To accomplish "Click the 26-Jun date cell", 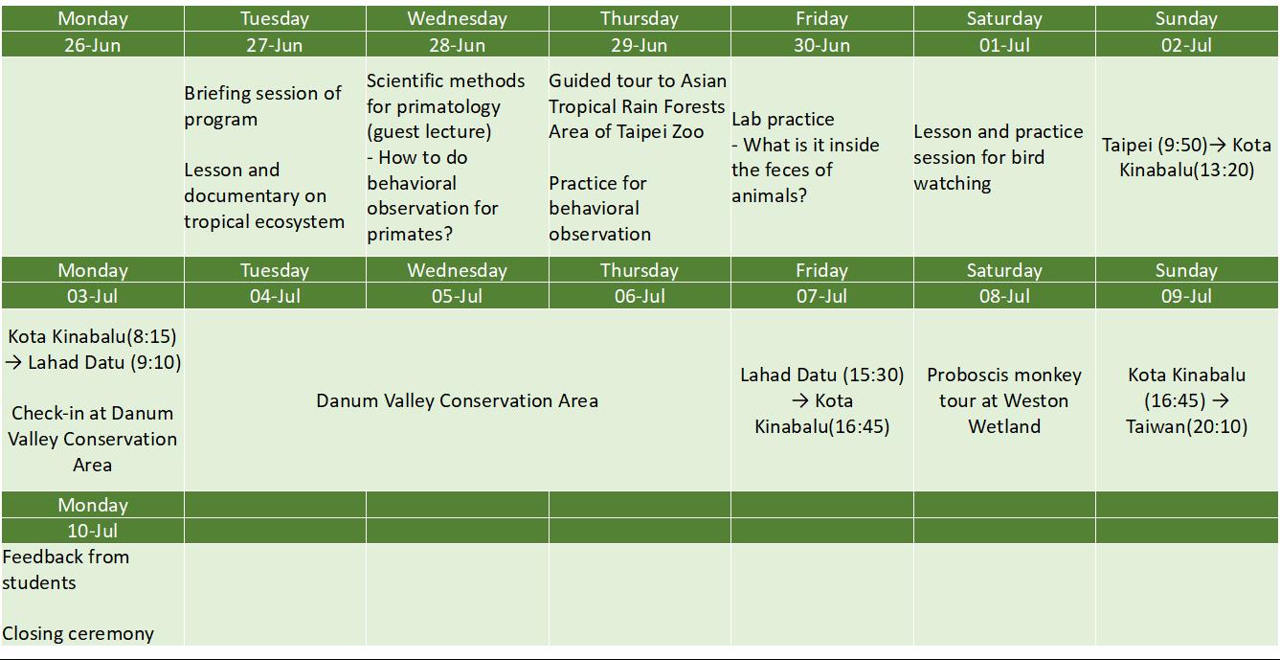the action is coord(93,45).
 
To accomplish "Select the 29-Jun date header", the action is coord(639,45).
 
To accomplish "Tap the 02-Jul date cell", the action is coord(1186,45).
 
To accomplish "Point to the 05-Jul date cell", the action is coord(457,296).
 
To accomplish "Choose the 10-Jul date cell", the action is coord(93,530).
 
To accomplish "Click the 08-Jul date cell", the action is coord(1004,296).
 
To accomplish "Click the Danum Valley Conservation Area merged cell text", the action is coord(458,400).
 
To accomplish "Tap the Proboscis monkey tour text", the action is coord(1004,400).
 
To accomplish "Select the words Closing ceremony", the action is coord(78,634).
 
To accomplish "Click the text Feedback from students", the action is coord(66,570).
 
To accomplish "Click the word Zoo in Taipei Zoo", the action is coord(688,131).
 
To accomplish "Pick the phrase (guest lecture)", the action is coord(429,131).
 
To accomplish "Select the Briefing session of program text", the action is coord(263,105).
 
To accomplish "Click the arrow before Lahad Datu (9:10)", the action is coord(13,363).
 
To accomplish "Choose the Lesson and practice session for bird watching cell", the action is coord(998,157).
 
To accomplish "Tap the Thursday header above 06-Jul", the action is coord(639,270).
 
